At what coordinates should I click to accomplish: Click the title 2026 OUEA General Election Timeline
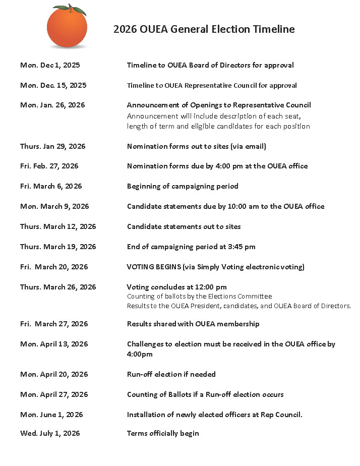204,29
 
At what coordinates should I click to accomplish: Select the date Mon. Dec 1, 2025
50,65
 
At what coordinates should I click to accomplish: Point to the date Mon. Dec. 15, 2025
53,85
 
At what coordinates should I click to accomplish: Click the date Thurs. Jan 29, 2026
53,146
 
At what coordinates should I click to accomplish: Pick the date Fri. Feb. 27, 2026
49,166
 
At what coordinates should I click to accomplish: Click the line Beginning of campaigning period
183,186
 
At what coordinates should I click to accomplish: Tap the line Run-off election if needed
171,374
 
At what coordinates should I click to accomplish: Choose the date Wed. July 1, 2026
50,433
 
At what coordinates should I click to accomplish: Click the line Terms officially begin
163,433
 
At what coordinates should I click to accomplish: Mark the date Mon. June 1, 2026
51,415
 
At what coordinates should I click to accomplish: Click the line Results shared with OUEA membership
194,324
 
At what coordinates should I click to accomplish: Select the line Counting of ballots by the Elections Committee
199,296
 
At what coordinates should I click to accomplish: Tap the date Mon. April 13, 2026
54,344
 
